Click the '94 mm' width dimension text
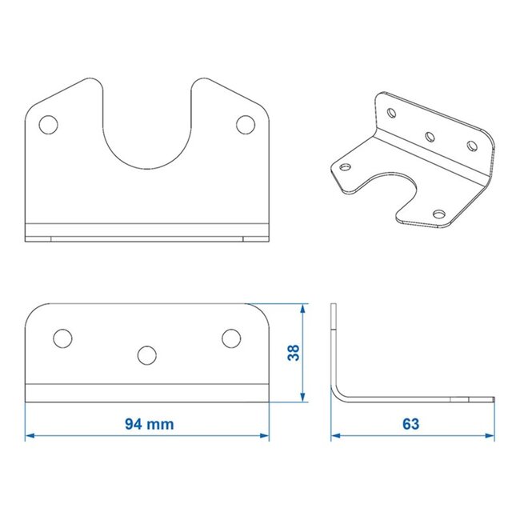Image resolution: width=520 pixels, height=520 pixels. [x=149, y=424]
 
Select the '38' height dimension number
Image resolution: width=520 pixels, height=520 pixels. [x=293, y=353]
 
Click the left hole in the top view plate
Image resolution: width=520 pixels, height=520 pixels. [x=49, y=125]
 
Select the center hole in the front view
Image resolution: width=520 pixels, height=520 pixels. [x=146, y=354]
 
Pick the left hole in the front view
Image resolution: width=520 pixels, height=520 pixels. [x=62, y=338]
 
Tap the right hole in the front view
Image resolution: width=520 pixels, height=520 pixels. [x=230, y=338]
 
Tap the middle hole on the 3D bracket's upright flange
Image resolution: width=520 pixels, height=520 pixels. [x=430, y=137]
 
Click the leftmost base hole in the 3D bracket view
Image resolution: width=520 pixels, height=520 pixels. [x=346, y=167]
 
